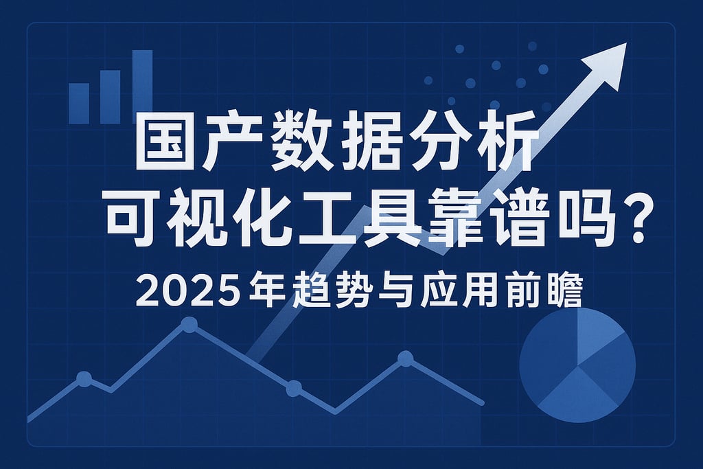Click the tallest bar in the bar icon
[142, 87]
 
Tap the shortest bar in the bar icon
[79, 103]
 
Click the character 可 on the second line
[128, 212]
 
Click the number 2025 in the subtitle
[180, 292]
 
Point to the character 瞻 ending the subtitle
[564, 292]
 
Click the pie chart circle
[577, 365]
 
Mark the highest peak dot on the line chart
[189, 325]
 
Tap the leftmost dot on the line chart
[84, 378]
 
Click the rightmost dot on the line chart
[405, 358]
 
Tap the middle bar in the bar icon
[110, 96]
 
